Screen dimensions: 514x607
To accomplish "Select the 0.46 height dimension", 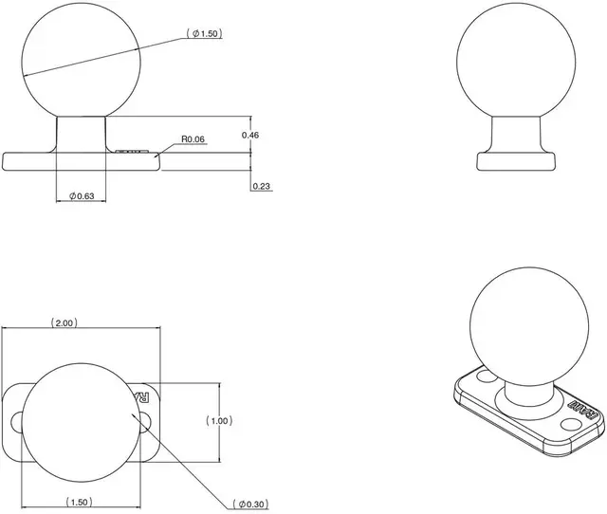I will pyautogui.click(x=250, y=136).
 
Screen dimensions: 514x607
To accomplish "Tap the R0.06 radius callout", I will pyautogui.click(x=193, y=139).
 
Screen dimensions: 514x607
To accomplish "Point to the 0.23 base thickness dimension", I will pyautogui.click(x=262, y=186).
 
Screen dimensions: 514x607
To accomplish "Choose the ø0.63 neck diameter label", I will pyautogui.click(x=81, y=196).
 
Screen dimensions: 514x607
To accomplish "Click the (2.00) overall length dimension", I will pyautogui.click(x=64, y=323).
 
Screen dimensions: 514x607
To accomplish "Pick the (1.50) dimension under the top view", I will pyautogui.click(x=80, y=501).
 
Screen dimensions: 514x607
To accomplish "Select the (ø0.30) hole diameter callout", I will pyautogui.click(x=250, y=503).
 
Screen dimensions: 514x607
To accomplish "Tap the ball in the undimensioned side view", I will pyautogui.click(x=515, y=60).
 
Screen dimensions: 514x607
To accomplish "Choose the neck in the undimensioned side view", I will pyautogui.click(x=515, y=133).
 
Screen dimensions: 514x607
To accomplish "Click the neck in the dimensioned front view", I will pyautogui.click(x=80, y=133).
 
